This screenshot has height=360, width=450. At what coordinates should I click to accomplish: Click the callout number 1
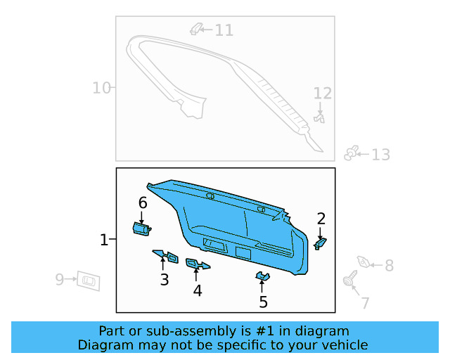coord(104,240)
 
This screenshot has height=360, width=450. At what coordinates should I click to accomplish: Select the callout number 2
coord(321,218)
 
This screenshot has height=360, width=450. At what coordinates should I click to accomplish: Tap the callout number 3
coord(164,280)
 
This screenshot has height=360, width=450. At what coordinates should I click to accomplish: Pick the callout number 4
coord(198,290)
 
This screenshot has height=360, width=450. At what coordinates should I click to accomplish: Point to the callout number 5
coord(264,302)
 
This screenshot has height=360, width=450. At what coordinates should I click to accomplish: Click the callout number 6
coord(143,202)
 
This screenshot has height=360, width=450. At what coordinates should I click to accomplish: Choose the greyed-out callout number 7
coord(365,303)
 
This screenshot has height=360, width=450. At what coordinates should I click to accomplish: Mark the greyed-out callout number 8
coord(389,266)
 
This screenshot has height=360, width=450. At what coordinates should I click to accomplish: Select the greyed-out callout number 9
coord(60,280)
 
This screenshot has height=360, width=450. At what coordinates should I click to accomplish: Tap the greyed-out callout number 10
coord(102,88)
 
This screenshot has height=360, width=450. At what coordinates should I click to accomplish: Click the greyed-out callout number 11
coord(224,30)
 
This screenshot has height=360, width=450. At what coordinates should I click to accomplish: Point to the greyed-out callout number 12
coord(322,94)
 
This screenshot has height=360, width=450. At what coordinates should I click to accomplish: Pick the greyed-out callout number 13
coord(380,155)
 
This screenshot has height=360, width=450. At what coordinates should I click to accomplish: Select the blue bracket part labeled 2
coord(320,243)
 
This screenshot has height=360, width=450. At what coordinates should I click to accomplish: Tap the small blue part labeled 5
coord(262,276)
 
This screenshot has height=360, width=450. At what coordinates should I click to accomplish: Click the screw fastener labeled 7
coord(349,281)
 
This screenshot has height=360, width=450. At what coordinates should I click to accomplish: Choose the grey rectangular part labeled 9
coord(88,280)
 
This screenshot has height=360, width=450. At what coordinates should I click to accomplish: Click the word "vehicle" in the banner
coord(342,345)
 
